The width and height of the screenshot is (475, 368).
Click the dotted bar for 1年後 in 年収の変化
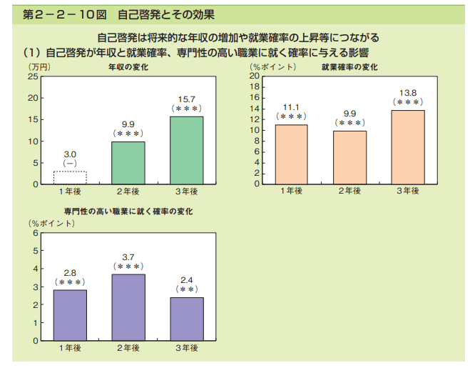pos(70,178)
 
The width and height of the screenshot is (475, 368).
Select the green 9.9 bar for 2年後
pos(128,163)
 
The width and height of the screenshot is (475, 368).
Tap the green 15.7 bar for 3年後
pos(186,150)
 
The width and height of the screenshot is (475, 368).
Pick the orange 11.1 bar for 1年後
pos(291,154)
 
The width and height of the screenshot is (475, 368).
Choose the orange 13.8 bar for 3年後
pos(408,146)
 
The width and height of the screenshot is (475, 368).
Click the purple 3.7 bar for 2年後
pos(128,307)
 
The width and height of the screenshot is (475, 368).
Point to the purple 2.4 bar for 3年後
pos(186,319)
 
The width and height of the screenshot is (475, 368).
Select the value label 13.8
pos(408,93)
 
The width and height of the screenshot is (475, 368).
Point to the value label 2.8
pos(70,273)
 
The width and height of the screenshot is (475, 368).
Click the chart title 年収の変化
pos(128,67)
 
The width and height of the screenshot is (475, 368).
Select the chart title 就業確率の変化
pos(349,67)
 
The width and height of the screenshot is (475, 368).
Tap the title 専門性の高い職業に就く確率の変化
pos(128,212)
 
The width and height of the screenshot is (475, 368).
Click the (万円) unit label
pos(39,67)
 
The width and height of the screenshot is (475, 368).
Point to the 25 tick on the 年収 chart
pos(34,76)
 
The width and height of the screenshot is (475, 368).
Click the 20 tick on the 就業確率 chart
pos(255,76)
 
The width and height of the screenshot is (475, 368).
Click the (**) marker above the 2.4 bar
pos(187,289)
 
